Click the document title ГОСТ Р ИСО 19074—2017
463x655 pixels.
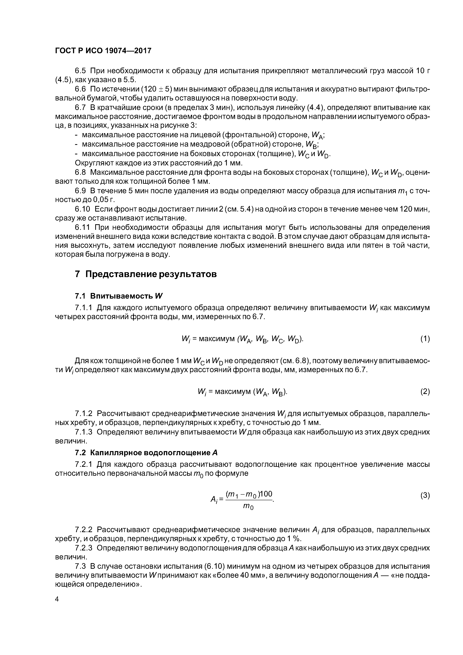click(x=103, y=51)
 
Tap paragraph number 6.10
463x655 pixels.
click(x=83, y=209)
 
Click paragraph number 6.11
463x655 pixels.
click(x=83, y=227)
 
